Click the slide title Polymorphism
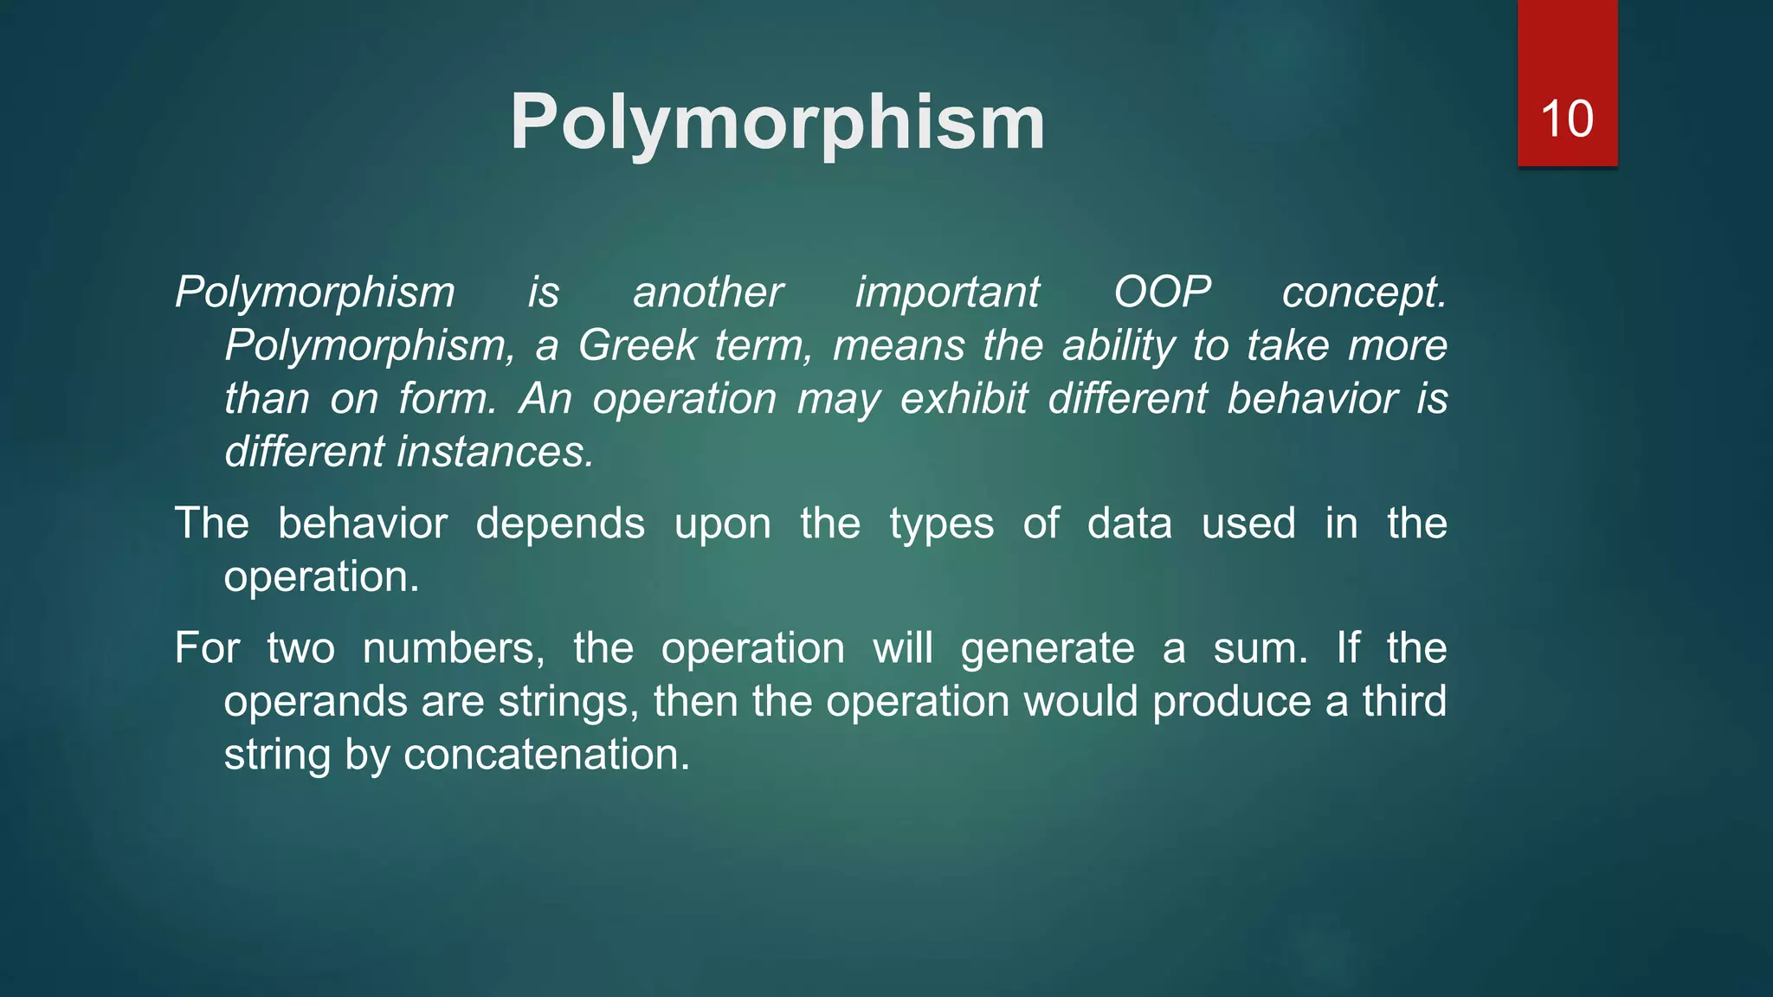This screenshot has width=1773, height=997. [x=777, y=122]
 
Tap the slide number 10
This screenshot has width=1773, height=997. [x=1566, y=119]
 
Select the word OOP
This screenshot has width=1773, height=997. [x=1162, y=292]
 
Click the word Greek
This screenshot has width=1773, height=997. [x=637, y=345]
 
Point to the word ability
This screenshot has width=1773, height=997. [x=1118, y=345]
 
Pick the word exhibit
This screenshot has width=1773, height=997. [x=964, y=399]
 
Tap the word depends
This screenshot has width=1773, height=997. [x=560, y=524]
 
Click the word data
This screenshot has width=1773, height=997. [x=1129, y=524]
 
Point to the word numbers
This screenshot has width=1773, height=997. [x=454, y=648]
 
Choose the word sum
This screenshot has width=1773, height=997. [x=1260, y=648]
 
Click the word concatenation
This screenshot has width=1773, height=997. [x=546, y=755]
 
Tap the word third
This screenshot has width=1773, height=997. [x=1404, y=701]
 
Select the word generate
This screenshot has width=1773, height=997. [x=1048, y=649]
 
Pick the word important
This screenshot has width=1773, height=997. [x=947, y=293]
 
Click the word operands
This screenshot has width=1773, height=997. [x=315, y=702]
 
